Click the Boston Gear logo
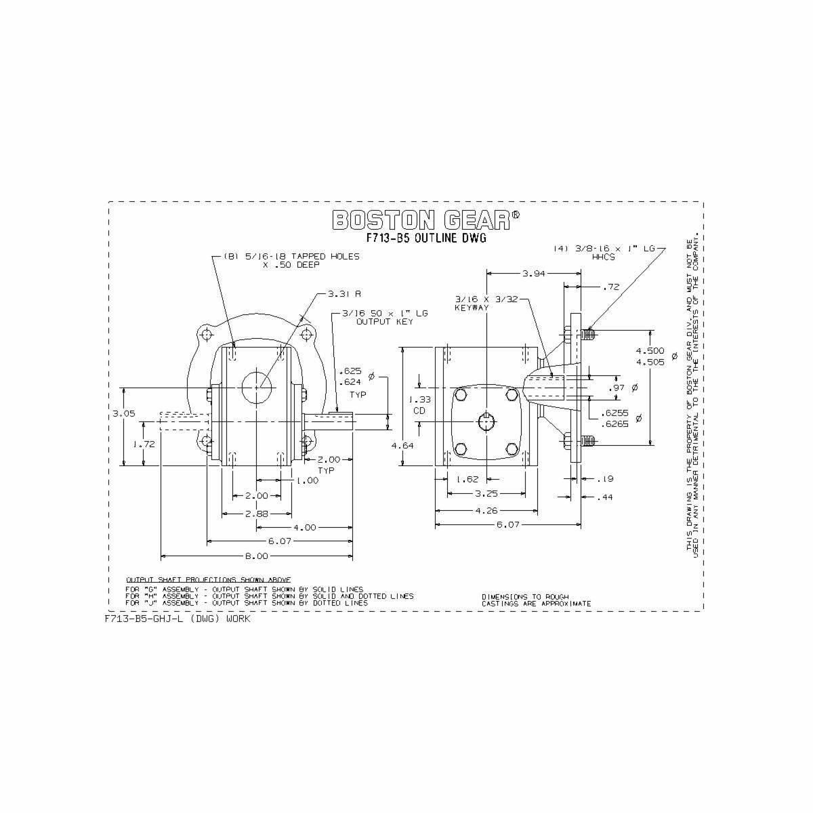point(426,220)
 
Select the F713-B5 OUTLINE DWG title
point(426,238)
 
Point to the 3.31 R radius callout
point(344,294)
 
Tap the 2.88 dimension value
point(256,514)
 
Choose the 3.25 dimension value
point(486,494)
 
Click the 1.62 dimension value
point(467,479)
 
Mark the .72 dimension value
point(610,287)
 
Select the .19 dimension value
point(607,479)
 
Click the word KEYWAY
point(472,308)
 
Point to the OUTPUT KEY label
point(385,321)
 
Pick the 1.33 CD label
point(421,405)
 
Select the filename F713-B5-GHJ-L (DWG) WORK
point(178,619)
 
